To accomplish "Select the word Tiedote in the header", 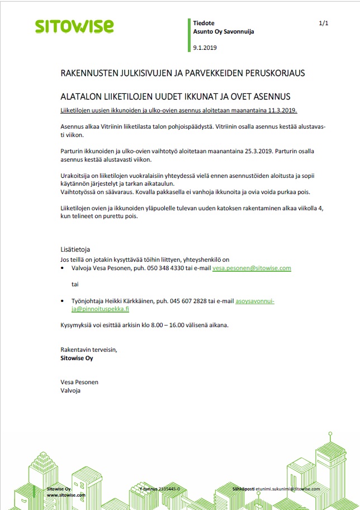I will [x=204, y=23].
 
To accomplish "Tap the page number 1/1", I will [x=323, y=23].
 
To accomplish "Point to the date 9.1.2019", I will [x=205, y=48].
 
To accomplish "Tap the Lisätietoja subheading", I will [x=75, y=249].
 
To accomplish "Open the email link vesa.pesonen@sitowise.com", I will [x=252, y=268].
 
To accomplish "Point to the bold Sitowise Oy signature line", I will [x=77, y=358].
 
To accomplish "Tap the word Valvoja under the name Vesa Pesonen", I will [x=70, y=390].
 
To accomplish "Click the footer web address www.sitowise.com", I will [x=65, y=495].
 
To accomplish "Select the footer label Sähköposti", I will [x=243, y=489].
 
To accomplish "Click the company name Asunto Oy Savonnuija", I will [x=224, y=32].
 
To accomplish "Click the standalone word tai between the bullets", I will [x=75, y=284].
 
